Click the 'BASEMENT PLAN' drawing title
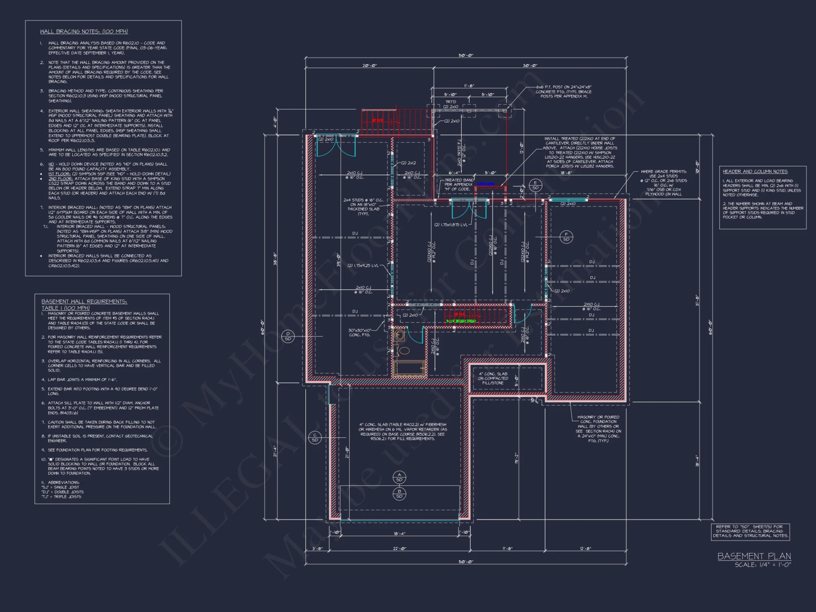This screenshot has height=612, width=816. (754, 556)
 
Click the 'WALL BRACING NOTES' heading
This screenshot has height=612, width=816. (84, 31)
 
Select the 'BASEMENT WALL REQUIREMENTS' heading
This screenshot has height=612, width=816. (84, 302)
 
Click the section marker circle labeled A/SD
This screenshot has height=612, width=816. (399, 477)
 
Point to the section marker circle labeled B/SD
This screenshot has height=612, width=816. (399, 494)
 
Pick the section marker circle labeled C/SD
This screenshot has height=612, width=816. (315, 437)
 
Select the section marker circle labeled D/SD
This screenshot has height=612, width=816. (288, 336)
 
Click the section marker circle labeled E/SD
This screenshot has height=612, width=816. (535, 185)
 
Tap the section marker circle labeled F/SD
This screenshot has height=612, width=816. (566, 237)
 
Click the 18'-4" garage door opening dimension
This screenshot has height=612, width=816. (399, 534)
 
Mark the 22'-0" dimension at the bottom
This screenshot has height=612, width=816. (399, 549)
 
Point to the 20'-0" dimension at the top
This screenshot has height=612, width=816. (369, 66)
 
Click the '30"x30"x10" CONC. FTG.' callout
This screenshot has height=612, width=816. (359, 333)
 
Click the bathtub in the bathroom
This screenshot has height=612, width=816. (410, 368)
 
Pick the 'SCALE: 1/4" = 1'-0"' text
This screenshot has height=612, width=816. (763, 565)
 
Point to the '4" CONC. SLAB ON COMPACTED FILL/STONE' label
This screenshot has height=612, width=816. (493, 378)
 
